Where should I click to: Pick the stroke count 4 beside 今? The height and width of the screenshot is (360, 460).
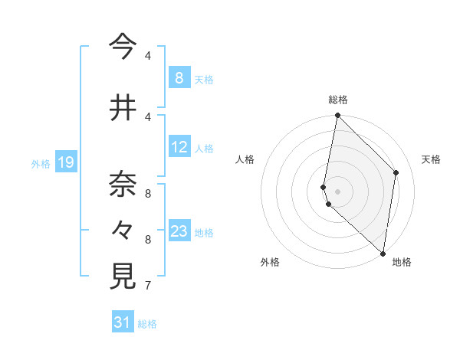[147, 56]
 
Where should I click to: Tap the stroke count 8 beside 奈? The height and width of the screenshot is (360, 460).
[147, 194]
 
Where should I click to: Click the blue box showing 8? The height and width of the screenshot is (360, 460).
[179, 77]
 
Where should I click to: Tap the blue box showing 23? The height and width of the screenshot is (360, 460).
[179, 231]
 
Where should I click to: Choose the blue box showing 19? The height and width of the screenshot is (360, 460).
[66, 162]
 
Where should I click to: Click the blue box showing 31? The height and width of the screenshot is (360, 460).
[123, 322]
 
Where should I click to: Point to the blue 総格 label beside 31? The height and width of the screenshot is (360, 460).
[147, 324]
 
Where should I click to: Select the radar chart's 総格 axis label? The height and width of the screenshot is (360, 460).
[338, 100]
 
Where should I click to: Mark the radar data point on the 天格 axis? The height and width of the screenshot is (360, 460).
[396, 172]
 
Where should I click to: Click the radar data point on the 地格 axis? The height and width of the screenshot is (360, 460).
[383, 254]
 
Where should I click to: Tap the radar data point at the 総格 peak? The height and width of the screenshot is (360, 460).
[338, 116]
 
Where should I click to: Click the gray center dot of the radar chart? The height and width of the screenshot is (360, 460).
[338, 191]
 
